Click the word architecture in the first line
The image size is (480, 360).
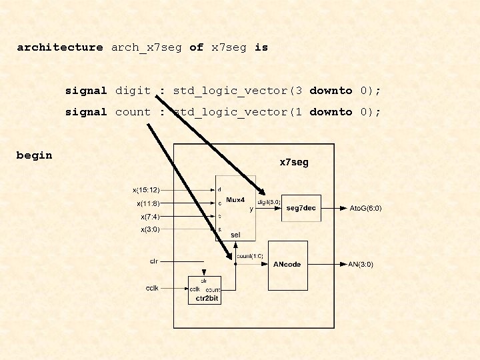click(x=60, y=47)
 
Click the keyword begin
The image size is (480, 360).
click(x=34, y=155)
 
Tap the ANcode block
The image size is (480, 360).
click(x=287, y=265)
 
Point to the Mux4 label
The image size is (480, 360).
click(x=236, y=199)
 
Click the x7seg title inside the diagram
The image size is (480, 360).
click(x=293, y=162)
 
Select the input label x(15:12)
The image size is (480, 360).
click(x=146, y=190)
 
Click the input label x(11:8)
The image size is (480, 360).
click(x=148, y=203)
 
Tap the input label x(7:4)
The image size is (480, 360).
click(x=150, y=217)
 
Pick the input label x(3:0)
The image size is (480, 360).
click(x=150, y=230)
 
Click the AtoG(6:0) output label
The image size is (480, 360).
click(x=366, y=209)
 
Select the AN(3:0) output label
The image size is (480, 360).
click(x=361, y=265)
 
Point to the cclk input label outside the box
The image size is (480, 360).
click(x=152, y=288)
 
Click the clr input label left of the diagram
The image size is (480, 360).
click(x=153, y=261)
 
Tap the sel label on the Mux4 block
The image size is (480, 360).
click(x=235, y=235)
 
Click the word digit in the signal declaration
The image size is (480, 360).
click(x=133, y=91)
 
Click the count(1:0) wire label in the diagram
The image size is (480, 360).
click(x=250, y=256)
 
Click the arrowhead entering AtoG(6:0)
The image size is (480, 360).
click(x=343, y=208)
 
